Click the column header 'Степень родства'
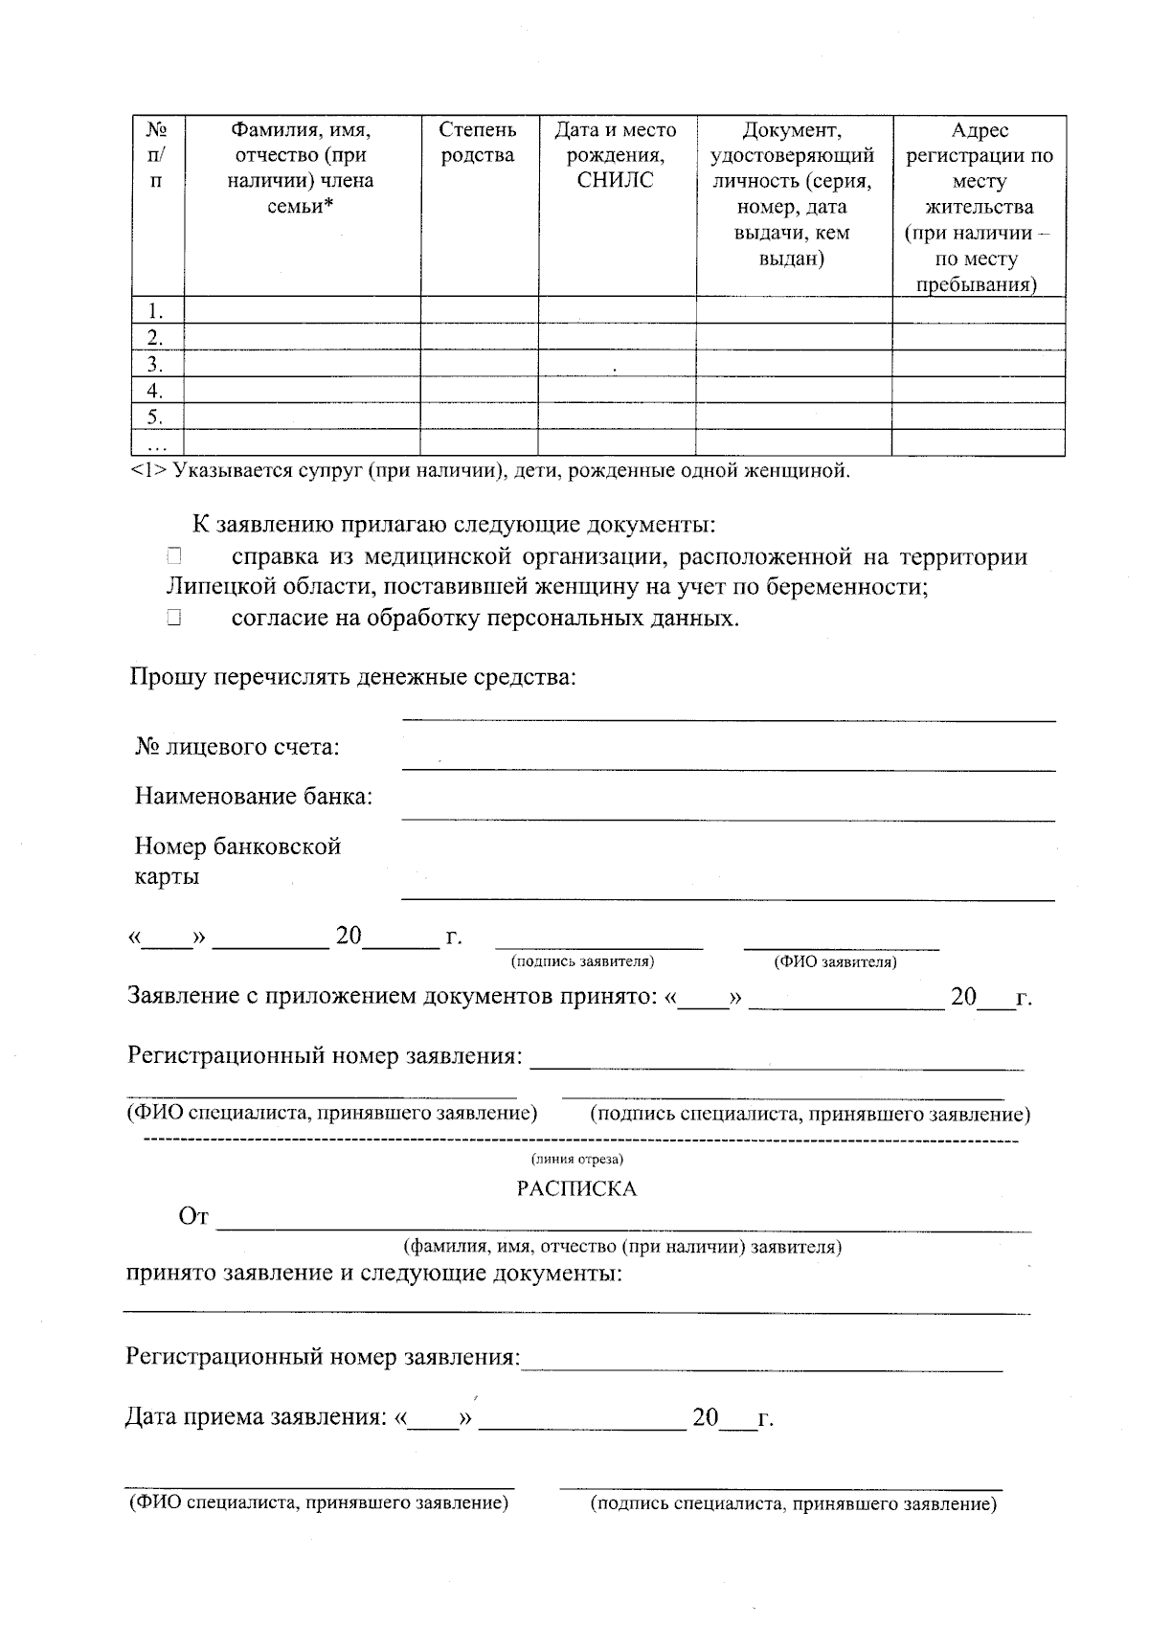tap(478, 143)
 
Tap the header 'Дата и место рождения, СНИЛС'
tap(616, 155)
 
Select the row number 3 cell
tap(156, 364)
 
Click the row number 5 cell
tap(156, 417)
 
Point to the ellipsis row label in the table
tap(156, 443)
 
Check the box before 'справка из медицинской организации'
tap(172, 555)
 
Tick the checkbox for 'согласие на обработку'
tap(172, 618)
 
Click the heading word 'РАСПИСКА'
tap(575, 1188)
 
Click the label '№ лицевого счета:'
tap(237, 746)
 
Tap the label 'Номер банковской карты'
tap(237, 861)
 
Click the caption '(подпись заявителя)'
tap(582, 961)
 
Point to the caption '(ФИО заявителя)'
tap(835, 961)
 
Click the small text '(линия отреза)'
tap(577, 1160)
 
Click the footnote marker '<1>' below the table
tap(148, 471)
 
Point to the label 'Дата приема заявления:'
tap(255, 1417)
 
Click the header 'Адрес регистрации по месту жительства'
tap(979, 207)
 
